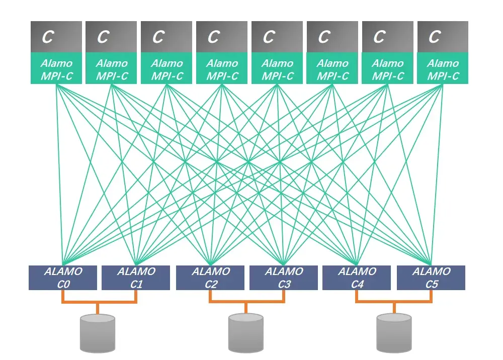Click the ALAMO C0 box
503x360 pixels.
pos(62,278)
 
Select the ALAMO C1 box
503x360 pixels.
pos(136,278)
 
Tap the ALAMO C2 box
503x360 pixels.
pos(210,278)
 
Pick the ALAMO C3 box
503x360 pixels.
pos(284,278)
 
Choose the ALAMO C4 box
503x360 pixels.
pos(356,278)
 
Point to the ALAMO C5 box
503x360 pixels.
pos(431,278)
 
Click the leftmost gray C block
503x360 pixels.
pos(56,37)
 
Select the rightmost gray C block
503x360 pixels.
pos(443,37)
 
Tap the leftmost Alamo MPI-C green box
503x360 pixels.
pos(56,69)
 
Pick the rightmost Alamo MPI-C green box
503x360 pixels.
pos(443,69)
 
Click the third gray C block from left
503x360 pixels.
pos(166,37)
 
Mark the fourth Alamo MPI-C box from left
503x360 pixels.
pos(222,69)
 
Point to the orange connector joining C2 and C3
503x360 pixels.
pos(246,302)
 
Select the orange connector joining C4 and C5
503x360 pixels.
pos(394,302)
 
